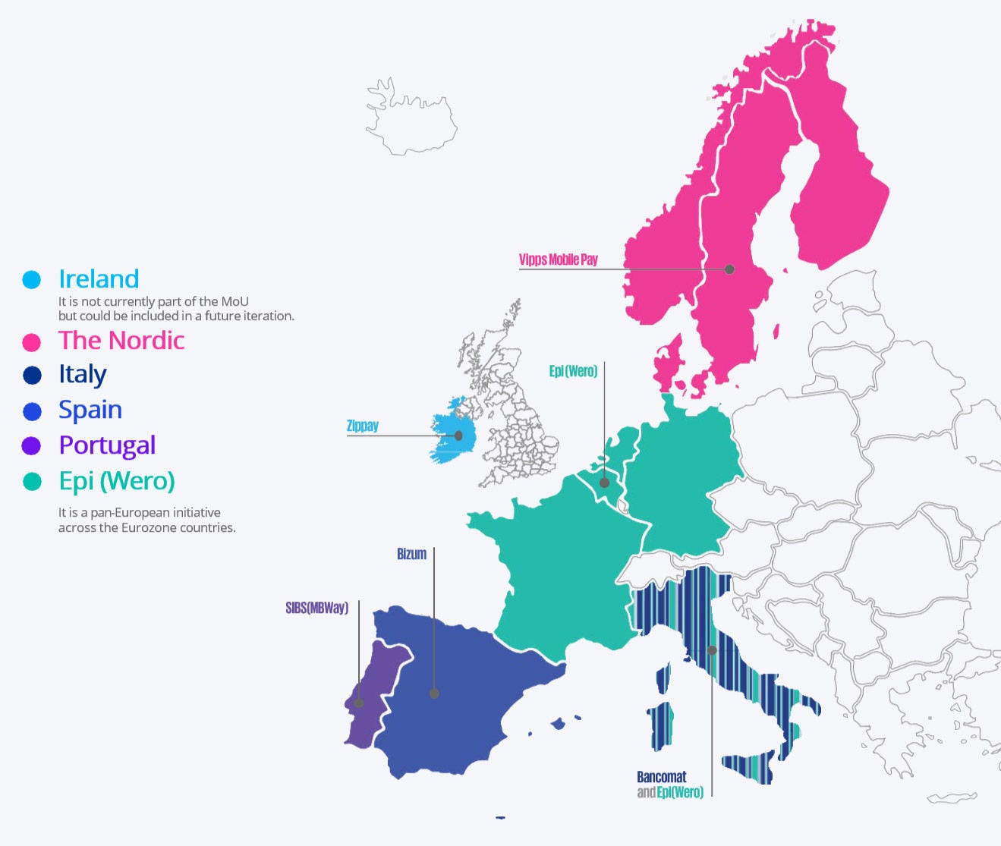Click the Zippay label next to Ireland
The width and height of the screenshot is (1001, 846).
click(362, 426)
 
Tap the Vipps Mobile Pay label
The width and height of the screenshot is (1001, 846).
click(558, 259)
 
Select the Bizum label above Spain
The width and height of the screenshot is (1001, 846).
click(411, 554)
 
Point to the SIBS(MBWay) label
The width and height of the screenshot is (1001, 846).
click(316, 608)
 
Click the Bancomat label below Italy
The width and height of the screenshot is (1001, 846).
click(661, 777)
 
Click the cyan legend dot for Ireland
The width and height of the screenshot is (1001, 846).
click(31, 280)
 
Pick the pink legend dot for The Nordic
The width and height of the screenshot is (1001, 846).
click(31, 342)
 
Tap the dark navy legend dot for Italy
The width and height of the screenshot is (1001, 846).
click(32, 376)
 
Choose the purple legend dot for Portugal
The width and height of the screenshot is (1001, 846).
click(31, 446)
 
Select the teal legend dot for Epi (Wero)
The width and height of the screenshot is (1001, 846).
click(32, 482)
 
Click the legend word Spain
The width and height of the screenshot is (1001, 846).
click(90, 410)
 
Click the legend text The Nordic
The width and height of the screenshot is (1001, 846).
click(121, 341)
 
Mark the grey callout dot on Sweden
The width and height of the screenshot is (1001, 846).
click(729, 269)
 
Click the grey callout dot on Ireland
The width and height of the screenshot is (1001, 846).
click(458, 436)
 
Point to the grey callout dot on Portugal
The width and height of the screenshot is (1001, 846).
click(359, 703)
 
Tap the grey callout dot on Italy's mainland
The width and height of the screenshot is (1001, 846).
click(712, 650)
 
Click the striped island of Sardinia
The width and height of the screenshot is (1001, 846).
click(662, 725)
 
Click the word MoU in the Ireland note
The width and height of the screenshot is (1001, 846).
click(235, 301)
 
